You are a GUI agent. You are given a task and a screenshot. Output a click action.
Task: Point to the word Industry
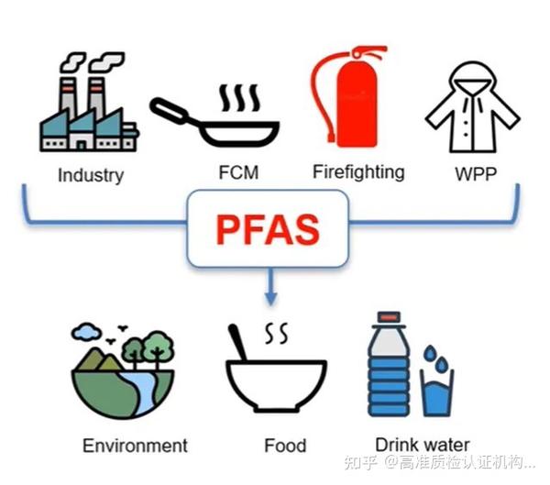[x=90, y=174]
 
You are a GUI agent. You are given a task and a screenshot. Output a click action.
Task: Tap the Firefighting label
[x=357, y=171]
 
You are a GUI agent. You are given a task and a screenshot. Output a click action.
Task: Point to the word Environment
[x=135, y=446]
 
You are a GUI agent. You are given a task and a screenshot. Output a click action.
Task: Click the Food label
[x=285, y=446]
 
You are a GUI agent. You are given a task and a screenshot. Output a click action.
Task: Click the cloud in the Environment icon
[x=88, y=331]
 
